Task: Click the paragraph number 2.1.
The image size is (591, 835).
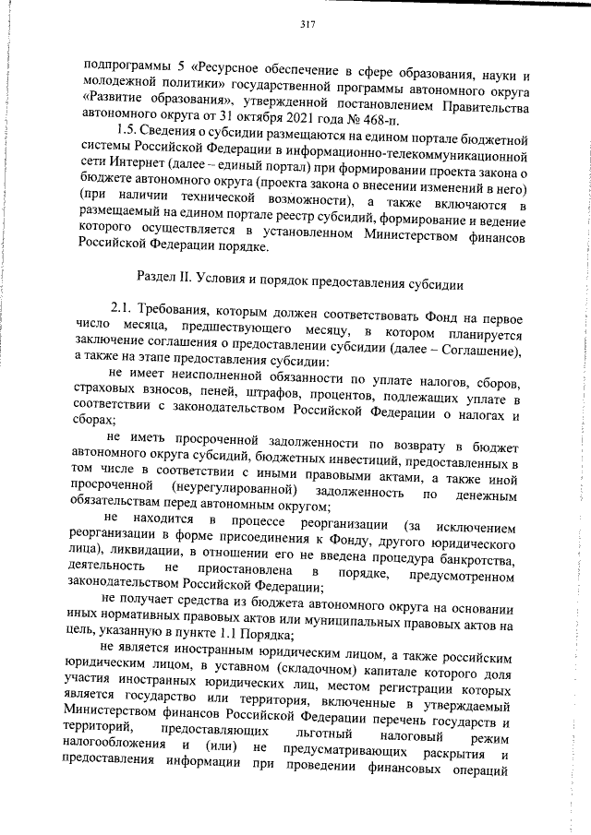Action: pos(123,309)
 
